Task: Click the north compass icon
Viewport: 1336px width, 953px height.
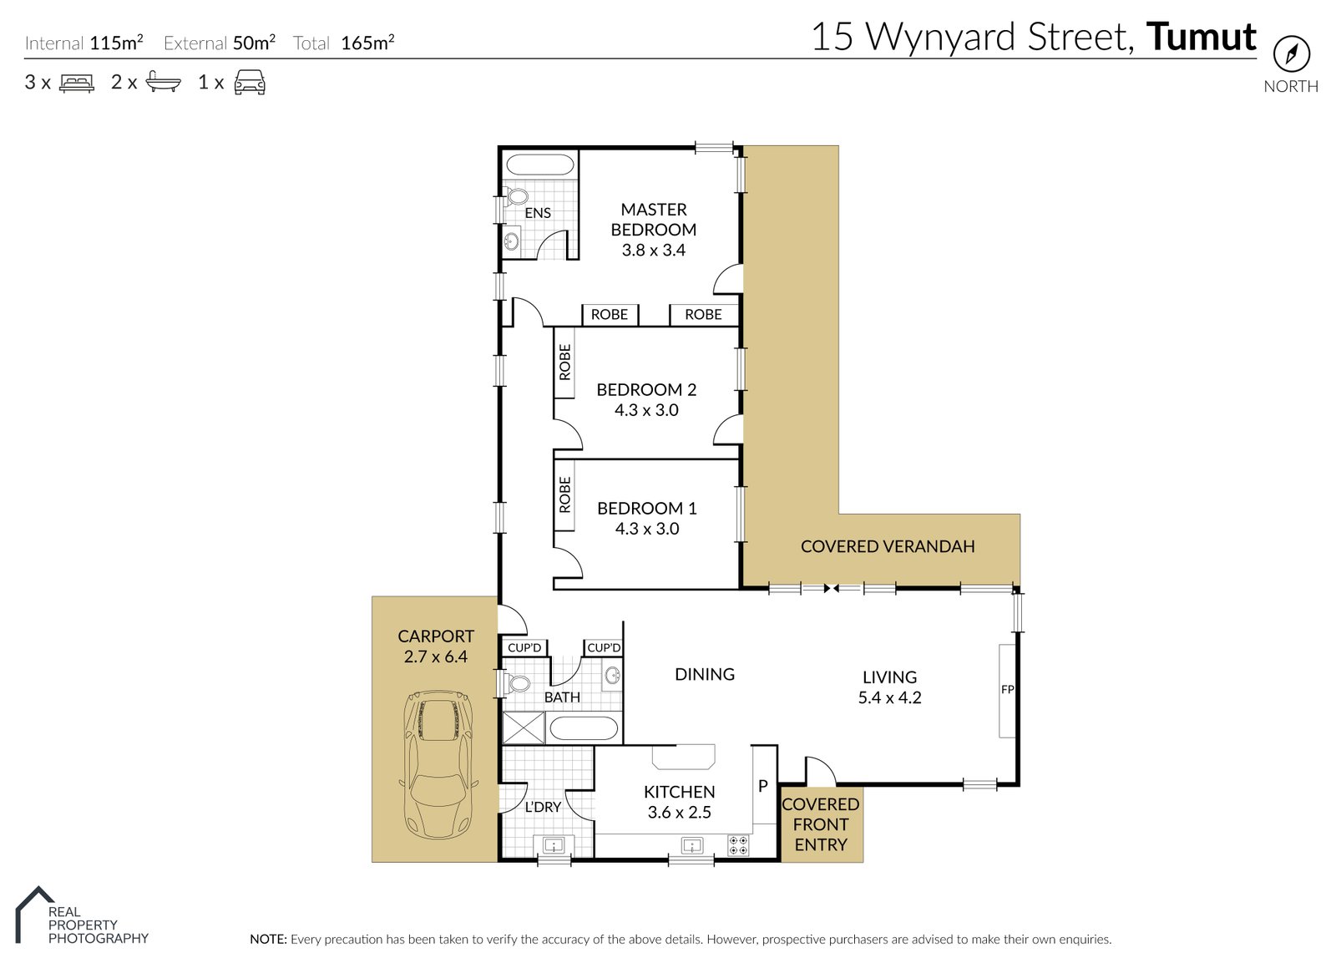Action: tap(1291, 54)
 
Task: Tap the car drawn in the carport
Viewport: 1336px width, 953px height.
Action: tap(438, 764)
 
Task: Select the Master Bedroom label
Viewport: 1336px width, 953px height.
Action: tap(653, 220)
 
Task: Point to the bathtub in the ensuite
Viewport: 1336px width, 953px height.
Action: tap(540, 165)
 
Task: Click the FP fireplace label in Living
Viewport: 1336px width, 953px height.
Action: tap(1007, 689)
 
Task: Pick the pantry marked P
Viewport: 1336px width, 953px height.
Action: tap(762, 786)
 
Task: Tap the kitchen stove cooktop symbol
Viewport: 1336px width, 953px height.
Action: tap(738, 845)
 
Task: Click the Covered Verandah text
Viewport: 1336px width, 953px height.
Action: tap(888, 546)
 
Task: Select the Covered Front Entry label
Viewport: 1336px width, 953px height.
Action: tap(820, 824)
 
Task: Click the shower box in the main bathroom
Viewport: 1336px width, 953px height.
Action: tap(524, 727)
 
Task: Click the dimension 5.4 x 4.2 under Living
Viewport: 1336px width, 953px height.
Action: tap(889, 697)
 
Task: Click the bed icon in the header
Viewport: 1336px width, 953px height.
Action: tap(77, 83)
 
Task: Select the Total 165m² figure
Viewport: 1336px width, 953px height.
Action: tap(367, 43)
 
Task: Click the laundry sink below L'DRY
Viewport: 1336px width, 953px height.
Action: tap(554, 845)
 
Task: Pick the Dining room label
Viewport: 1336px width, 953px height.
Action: tap(704, 674)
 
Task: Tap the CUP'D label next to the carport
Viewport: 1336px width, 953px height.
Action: tap(524, 647)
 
